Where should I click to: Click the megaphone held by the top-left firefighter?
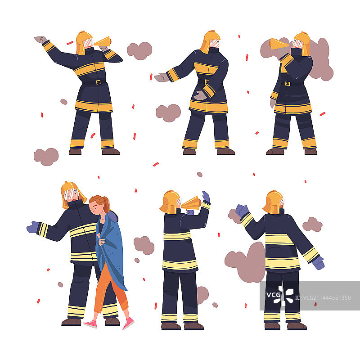click(x=103, y=41)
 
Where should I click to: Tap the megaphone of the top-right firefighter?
click(x=278, y=44)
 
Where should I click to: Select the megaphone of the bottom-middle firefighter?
click(x=191, y=203)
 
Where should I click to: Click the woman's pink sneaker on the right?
click(x=128, y=323)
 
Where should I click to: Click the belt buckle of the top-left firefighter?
click(x=98, y=82)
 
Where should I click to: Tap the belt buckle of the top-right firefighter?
click(x=288, y=84)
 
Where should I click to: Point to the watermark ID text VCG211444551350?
click(x=323, y=298)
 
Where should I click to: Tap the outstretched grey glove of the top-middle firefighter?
click(x=162, y=77)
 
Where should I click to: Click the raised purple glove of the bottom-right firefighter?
click(x=242, y=210)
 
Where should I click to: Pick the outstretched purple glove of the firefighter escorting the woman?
click(x=33, y=227)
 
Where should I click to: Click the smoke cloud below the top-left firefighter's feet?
click(x=46, y=157)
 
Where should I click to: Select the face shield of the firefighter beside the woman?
click(x=71, y=194)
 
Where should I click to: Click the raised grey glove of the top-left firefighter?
click(x=40, y=40)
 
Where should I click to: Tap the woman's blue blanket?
click(x=112, y=248)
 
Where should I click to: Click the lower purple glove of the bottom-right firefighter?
click(x=319, y=263)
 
